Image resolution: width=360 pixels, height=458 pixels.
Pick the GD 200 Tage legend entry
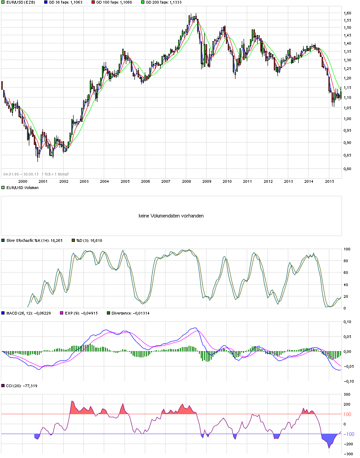[x=162, y=3]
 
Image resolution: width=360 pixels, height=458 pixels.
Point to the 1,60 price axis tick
[x=348, y=13]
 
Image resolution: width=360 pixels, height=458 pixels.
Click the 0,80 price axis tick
[x=348, y=169]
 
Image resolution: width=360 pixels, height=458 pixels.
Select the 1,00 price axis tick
[x=348, y=119]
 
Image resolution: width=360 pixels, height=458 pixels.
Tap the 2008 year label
[x=186, y=181]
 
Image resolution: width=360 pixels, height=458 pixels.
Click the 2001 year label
[x=43, y=181]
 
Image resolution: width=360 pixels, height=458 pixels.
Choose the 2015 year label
[x=329, y=181]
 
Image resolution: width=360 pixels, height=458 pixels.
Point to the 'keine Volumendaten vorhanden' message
[x=171, y=216]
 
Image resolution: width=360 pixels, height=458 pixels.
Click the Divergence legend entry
[x=131, y=312]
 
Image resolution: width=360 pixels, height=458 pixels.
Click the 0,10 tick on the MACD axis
[x=348, y=322]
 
